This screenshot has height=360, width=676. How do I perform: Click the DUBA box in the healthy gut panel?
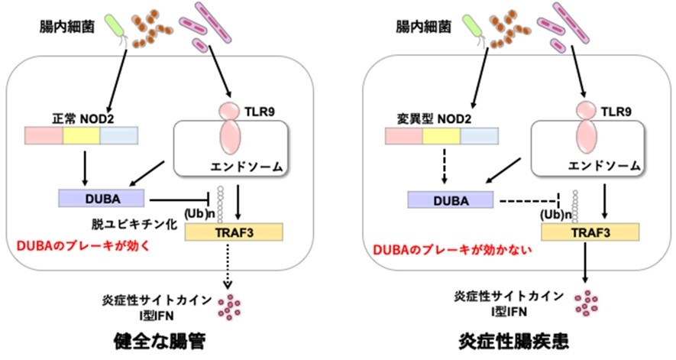(99, 198)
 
